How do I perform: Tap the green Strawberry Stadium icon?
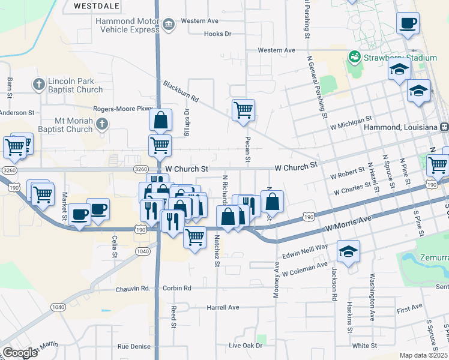tap(354, 57)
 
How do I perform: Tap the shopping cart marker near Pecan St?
tap(244, 110)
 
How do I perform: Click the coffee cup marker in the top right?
tap(408, 24)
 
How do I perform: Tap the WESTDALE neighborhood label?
tap(97, 5)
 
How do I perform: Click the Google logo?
tap(20, 353)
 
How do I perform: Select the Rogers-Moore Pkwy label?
tap(123, 109)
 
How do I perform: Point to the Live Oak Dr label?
tap(246, 346)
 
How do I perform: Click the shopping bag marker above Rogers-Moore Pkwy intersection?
tap(161, 120)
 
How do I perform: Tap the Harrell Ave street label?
tap(223, 307)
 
